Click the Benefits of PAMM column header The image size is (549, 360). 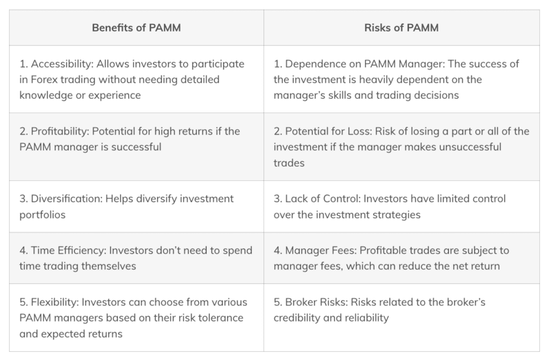point(136,27)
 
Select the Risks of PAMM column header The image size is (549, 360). point(401,27)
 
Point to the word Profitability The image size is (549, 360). point(60,131)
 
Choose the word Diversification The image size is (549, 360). point(66,199)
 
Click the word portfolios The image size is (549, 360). point(43,215)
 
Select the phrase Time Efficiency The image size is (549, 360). point(68,250)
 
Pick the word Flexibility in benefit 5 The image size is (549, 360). point(55,302)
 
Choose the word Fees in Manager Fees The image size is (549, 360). point(344,250)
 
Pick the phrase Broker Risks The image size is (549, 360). point(316,302)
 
